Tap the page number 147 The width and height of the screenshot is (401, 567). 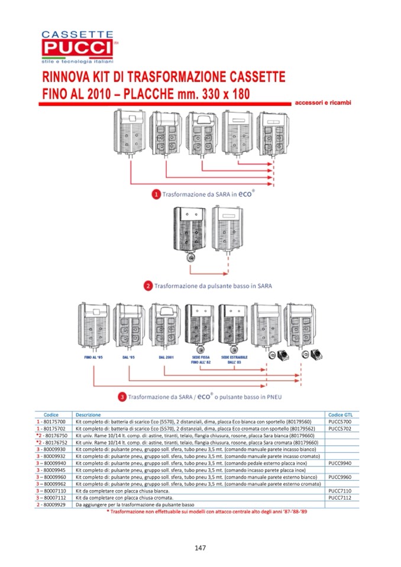[200, 548]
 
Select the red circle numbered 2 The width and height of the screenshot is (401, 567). [148, 286]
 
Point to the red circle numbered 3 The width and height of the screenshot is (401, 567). [121, 397]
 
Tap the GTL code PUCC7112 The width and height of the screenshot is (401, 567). [339, 498]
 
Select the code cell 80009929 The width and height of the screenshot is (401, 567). [53, 504]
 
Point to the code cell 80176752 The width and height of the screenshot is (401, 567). [53, 442]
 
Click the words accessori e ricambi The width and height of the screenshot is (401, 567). [322, 103]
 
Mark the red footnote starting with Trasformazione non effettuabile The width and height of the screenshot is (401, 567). [207, 511]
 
